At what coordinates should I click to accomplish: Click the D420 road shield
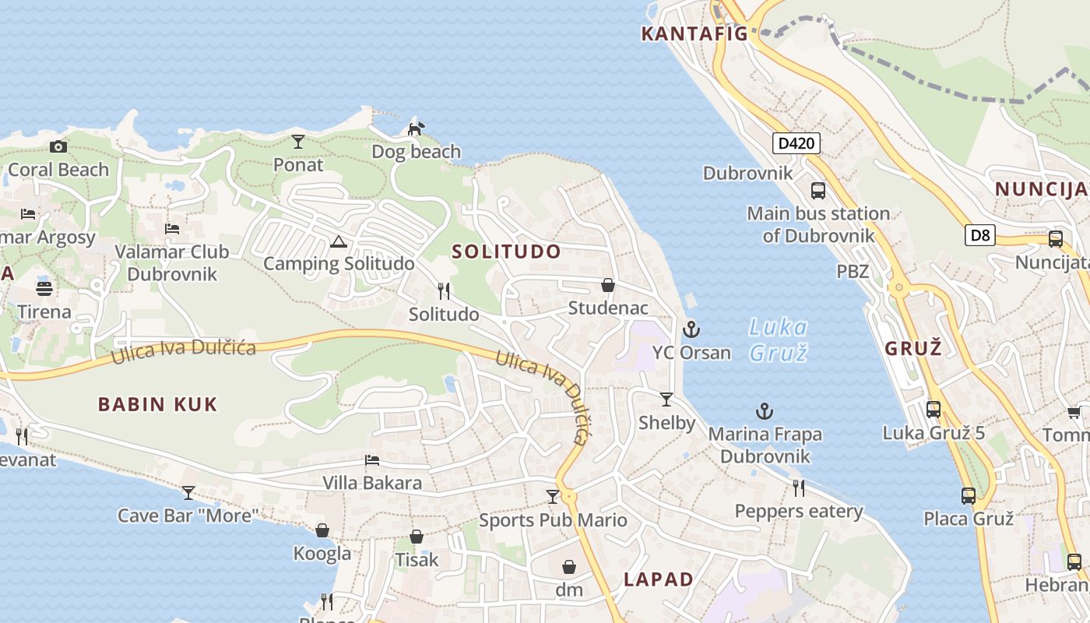pos(796,143)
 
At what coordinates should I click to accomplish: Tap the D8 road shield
pos(980,234)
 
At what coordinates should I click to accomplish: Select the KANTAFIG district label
pos(694,33)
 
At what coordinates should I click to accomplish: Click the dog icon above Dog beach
pos(417,128)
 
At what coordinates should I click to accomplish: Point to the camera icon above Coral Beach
pos(58,146)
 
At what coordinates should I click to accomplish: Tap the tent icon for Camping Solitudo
pos(338,241)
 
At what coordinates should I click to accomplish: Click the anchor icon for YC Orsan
pos(691,329)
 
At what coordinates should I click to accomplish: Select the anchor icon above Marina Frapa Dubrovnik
pos(765,410)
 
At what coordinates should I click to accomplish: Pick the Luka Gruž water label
pos(778,340)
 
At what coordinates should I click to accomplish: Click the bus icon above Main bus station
pos(818,190)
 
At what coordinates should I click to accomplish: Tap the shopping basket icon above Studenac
pos(608,285)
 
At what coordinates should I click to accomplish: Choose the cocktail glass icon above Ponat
pos(298,142)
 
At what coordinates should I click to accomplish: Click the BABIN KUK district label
pos(157,404)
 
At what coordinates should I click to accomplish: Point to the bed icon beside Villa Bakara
pos(372,460)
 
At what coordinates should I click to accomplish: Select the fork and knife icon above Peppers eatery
pos(799,488)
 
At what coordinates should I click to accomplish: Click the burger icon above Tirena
pos(44,288)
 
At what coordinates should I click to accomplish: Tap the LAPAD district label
pos(659,579)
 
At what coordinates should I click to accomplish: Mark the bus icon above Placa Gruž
pos(969,495)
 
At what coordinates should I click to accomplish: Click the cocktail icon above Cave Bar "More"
pos(188,492)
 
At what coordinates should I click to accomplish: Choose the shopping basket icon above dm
pos(569,566)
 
